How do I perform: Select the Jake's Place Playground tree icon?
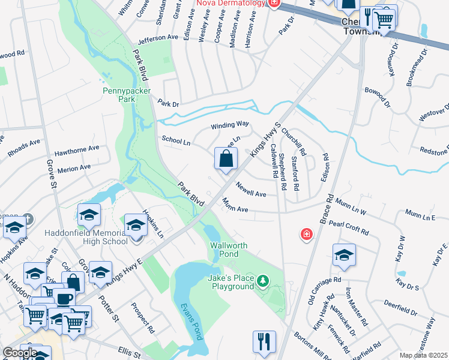tap(262, 280)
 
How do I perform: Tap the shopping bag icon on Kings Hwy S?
tap(226, 160)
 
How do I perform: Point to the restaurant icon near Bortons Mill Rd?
tap(264, 342)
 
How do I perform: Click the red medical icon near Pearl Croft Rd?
tap(307, 233)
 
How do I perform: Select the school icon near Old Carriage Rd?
tap(344, 255)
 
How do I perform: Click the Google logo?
tap(20, 353)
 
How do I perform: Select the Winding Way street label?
tap(229, 125)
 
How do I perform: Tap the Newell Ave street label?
tap(251, 190)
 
